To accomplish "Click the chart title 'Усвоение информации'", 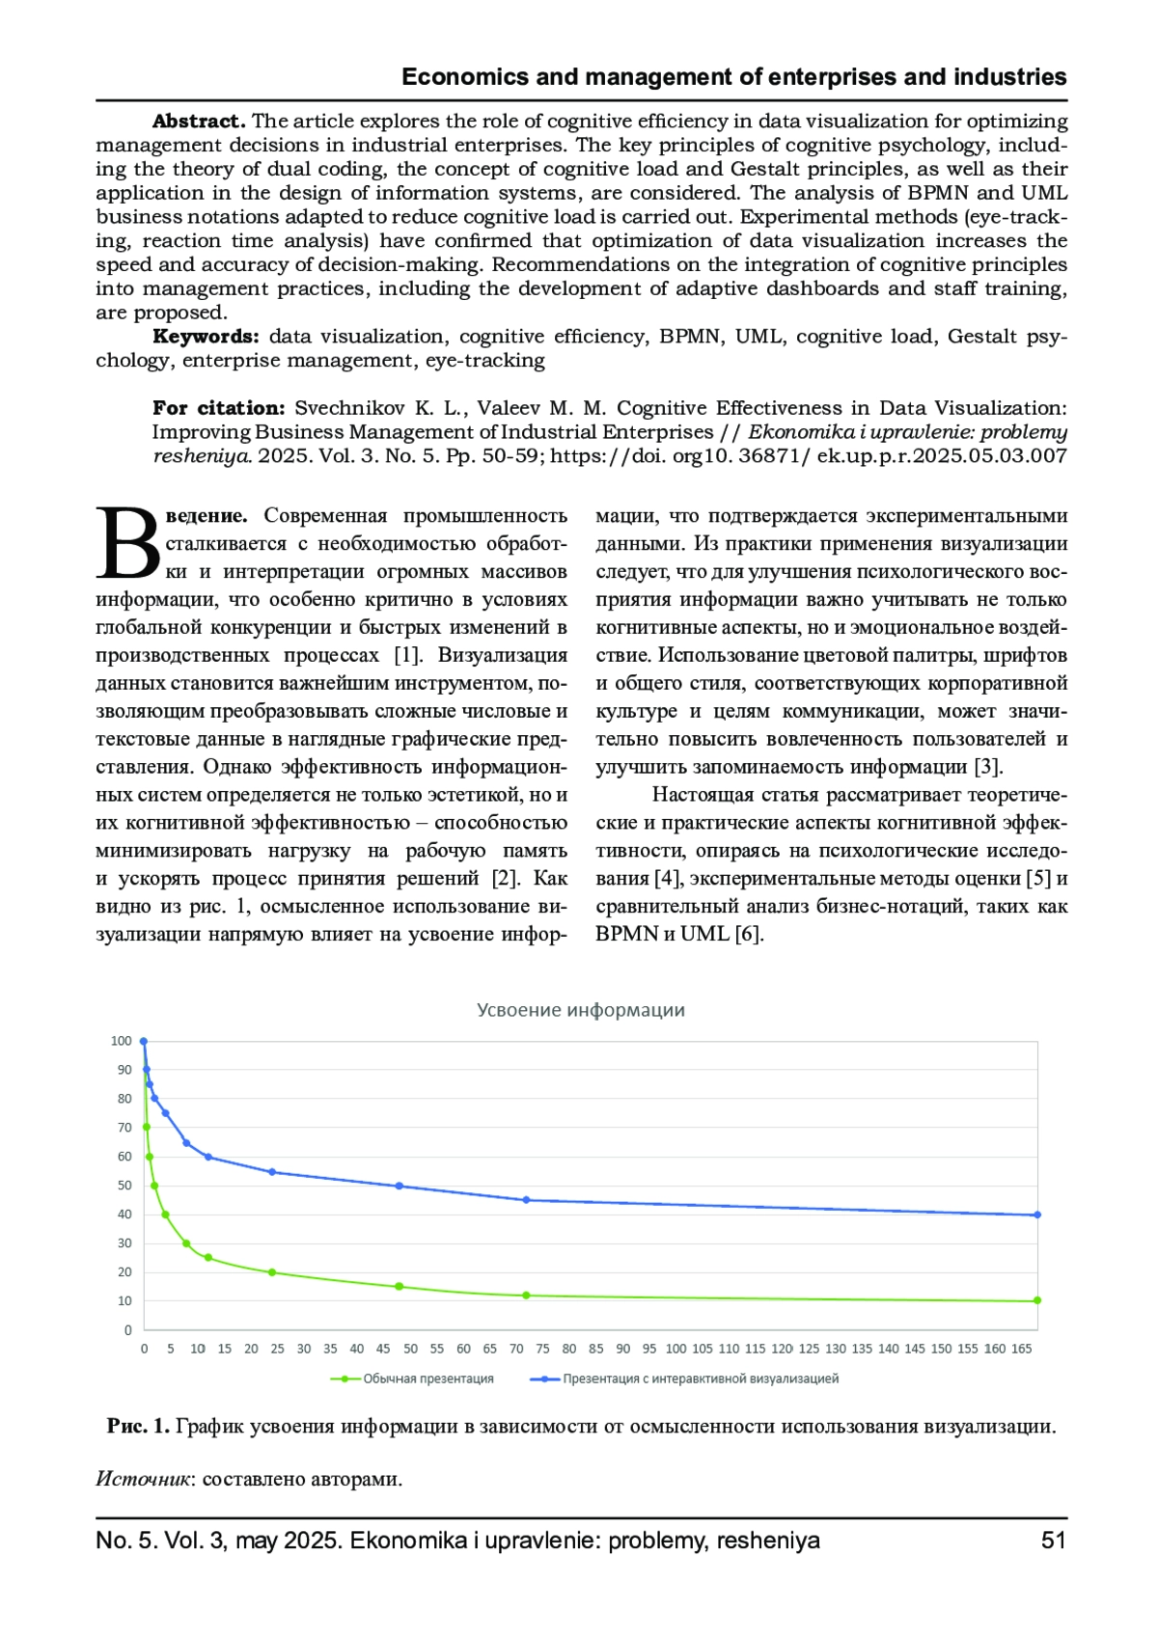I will coord(580,1010).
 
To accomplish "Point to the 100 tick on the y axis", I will coord(122,1041).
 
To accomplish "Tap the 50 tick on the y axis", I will coord(124,1186).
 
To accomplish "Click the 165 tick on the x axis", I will coord(1021,1349).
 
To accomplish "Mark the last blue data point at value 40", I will coord(1037,1215).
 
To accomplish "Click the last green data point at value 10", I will coord(1037,1300).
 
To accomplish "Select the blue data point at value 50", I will coord(400,1186).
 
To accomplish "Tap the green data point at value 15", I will coord(400,1287).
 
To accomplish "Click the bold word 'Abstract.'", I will coord(199,122).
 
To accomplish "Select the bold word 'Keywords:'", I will coord(206,337).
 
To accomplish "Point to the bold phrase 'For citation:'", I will coord(218,408).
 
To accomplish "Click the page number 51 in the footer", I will coord(1054,1541).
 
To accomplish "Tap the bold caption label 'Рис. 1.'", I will coord(138,1426).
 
